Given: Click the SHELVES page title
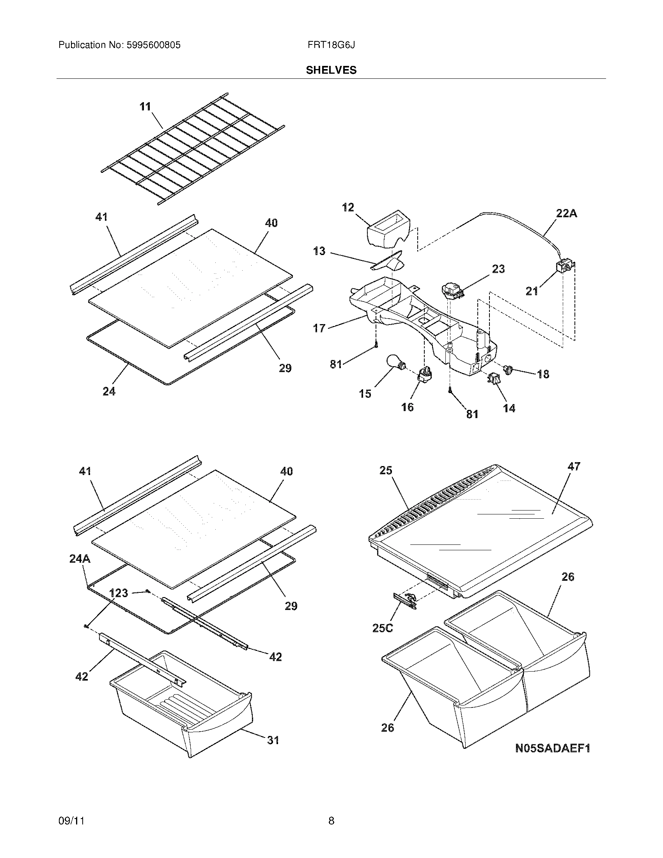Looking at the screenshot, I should click(331, 70).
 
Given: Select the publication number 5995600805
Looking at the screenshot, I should click(154, 45).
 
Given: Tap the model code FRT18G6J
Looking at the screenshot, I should click(331, 45).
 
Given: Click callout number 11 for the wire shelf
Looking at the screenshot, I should click(145, 106).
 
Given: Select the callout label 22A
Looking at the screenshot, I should click(566, 213).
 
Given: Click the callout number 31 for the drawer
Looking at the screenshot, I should click(273, 740).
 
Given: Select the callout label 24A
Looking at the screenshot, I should click(80, 558).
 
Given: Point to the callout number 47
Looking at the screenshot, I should click(574, 466).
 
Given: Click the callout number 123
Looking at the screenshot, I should click(118, 593).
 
